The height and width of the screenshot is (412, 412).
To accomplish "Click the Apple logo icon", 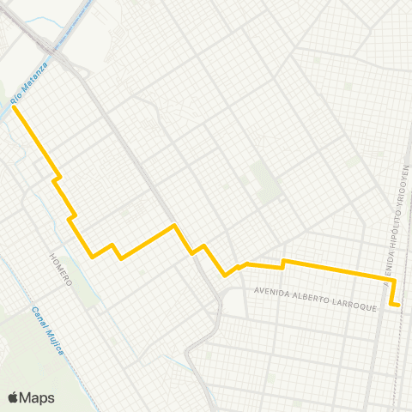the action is (14, 397).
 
